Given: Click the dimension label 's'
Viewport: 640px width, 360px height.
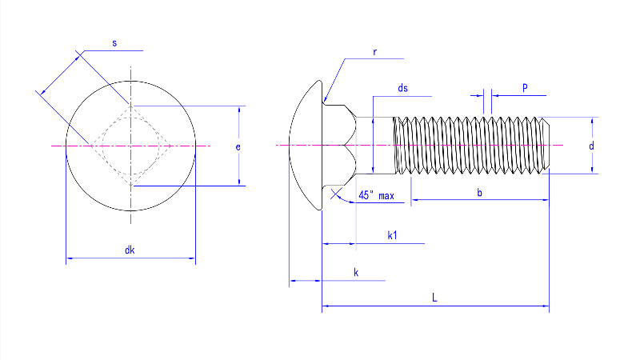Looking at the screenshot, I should coord(114,42).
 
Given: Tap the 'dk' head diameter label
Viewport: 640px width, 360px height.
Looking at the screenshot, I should coord(129,250).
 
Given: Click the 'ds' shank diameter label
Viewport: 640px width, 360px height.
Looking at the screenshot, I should coord(402,88).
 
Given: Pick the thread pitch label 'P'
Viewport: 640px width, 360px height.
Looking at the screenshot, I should coord(524,88).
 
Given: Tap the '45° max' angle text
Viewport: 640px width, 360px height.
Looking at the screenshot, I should coord(377,195).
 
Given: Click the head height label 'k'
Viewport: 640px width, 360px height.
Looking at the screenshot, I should coord(355,274).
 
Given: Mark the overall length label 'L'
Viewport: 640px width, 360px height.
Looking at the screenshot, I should coord(434,298).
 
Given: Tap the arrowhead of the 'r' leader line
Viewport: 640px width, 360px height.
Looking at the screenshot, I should coord(325,99).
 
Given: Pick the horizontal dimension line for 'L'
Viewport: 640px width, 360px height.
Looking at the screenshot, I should coord(480,306).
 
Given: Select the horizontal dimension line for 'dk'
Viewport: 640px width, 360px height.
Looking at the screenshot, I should coord(96,258).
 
